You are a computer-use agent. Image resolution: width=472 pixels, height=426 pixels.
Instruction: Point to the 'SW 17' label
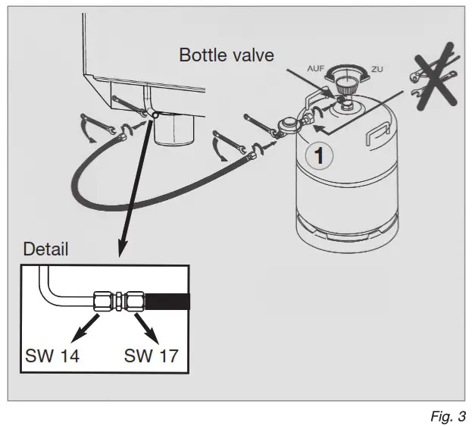coord(151,355)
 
